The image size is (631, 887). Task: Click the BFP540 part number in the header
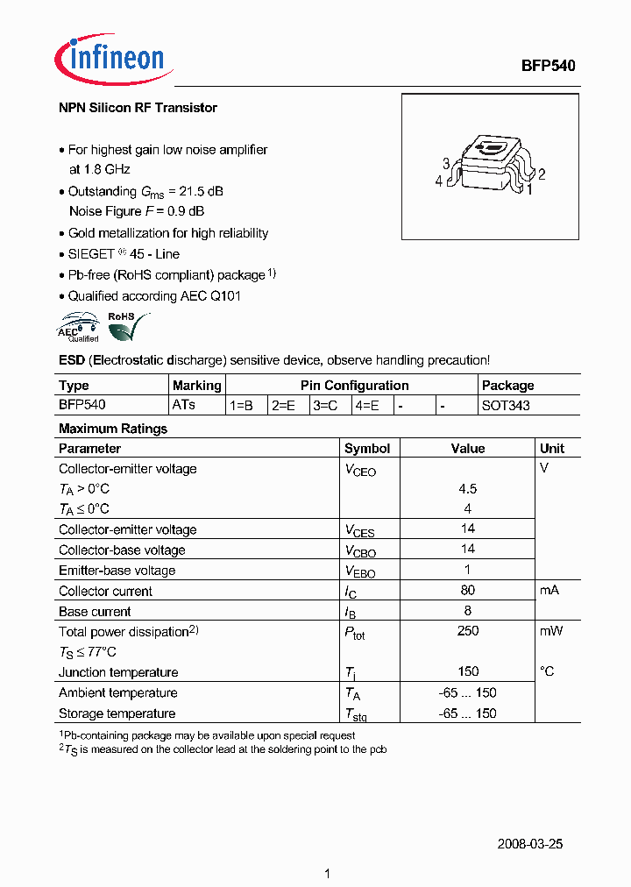tap(548, 66)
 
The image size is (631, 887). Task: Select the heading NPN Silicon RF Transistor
tap(138, 108)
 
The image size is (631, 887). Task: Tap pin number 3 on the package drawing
tap(446, 164)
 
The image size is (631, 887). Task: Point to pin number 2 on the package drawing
tap(542, 174)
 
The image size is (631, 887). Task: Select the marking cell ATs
tap(184, 405)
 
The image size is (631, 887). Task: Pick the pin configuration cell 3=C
tap(326, 406)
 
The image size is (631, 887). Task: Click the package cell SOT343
tap(506, 406)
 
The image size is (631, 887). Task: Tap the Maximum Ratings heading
tap(112, 429)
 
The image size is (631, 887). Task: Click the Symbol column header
tap(367, 449)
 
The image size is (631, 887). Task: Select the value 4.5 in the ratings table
tap(468, 489)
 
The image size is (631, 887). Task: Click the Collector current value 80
tap(468, 591)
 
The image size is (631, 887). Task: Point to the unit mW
tap(551, 631)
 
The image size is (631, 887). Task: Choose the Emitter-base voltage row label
tap(117, 571)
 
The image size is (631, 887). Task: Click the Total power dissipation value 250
tap(468, 631)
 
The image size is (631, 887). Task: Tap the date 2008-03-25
tap(529, 844)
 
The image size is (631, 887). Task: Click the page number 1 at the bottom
tap(327, 874)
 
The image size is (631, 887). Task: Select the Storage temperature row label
tap(117, 713)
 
